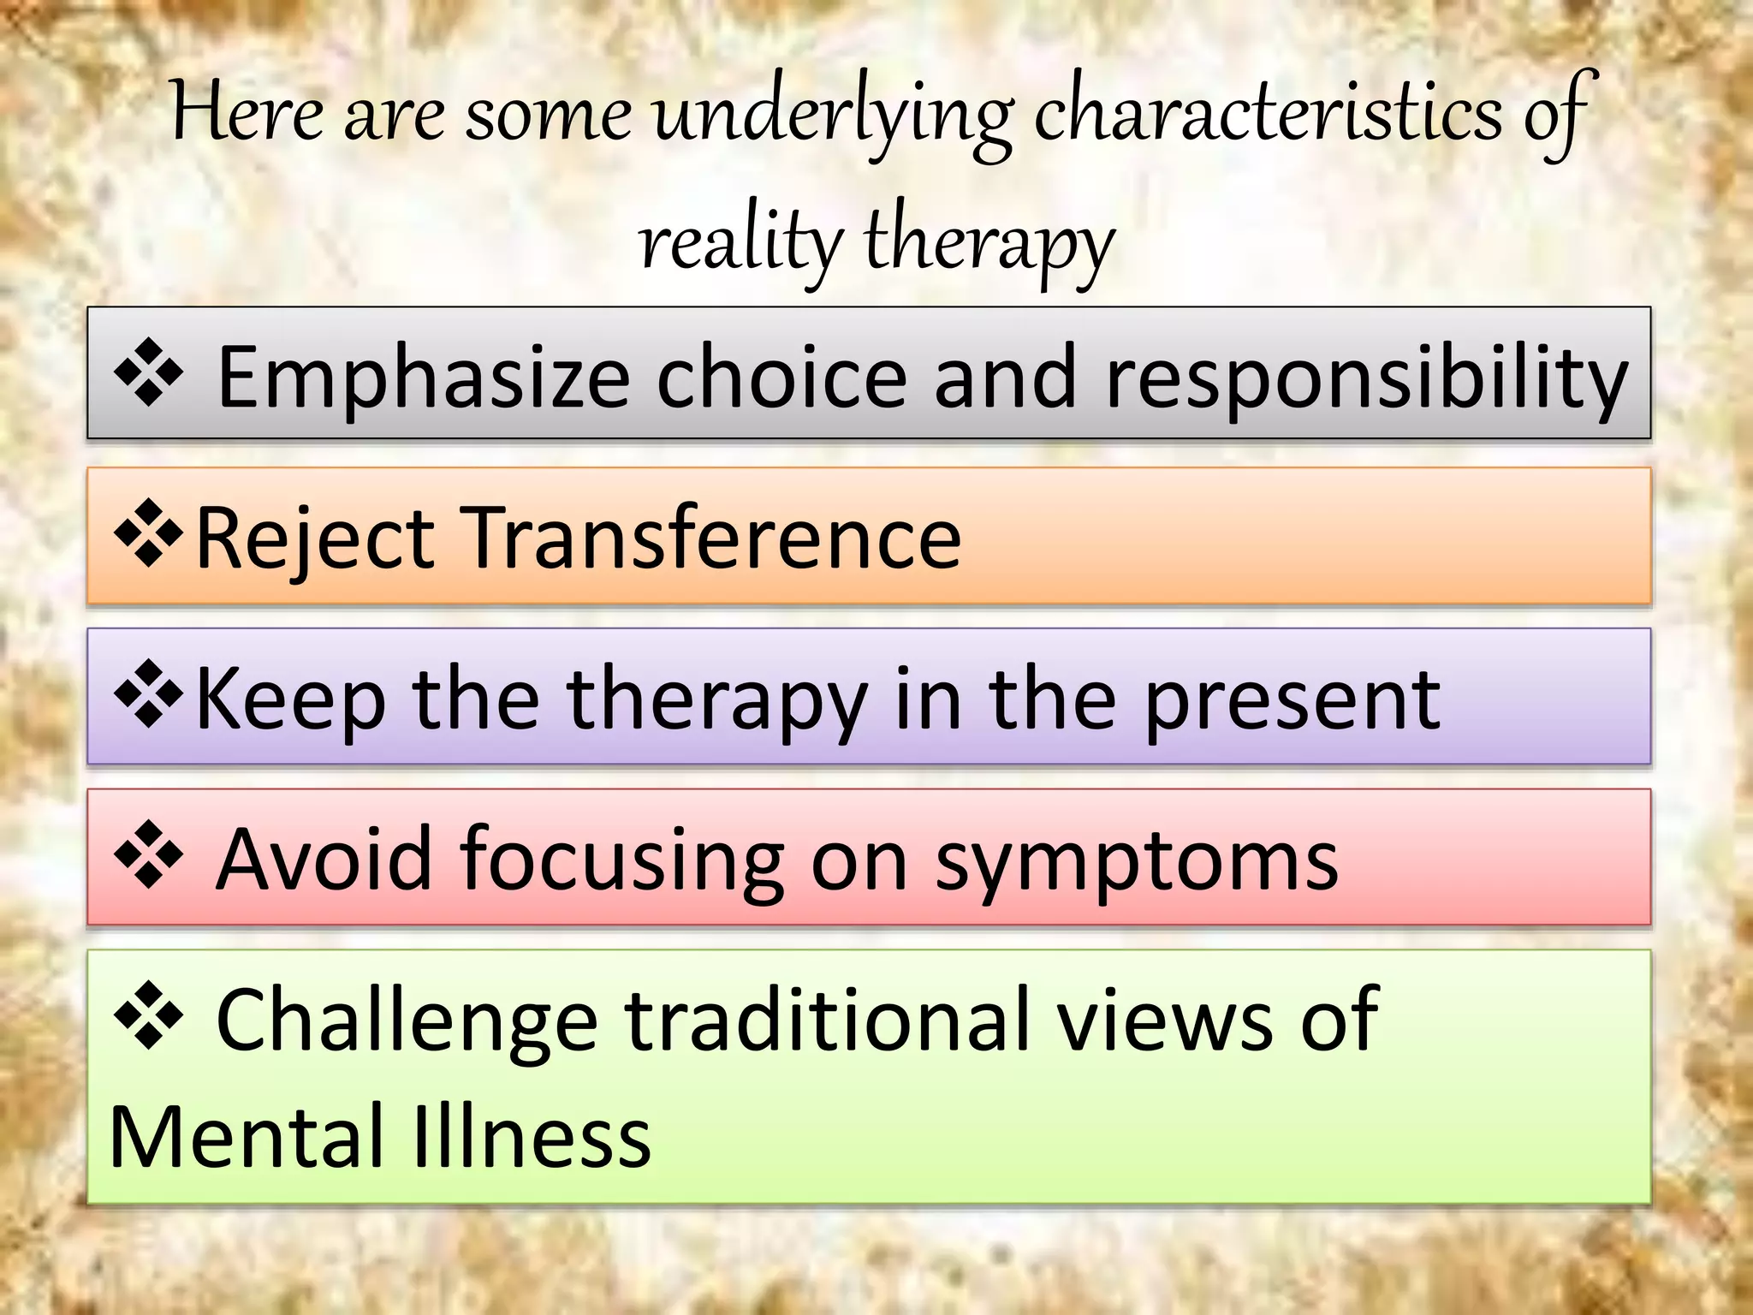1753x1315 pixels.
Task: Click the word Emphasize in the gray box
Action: pyautogui.click(x=424, y=377)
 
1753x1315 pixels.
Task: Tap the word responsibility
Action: pyautogui.click(x=1367, y=377)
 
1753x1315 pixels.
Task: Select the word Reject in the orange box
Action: pyautogui.click(x=315, y=538)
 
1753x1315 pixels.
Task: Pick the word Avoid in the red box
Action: pyautogui.click(x=324, y=859)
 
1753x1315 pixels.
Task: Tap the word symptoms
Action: pyautogui.click(x=1137, y=859)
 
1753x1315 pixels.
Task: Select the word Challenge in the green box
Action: pyautogui.click(x=407, y=1019)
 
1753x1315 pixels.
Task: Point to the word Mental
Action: pyautogui.click(x=247, y=1137)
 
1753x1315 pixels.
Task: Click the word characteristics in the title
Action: pyautogui.click(x=1267, y=116)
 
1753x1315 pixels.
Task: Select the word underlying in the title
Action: pyautogui.click(x=832, y=116)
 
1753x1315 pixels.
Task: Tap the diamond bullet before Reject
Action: pyautogui.click(x=149, y=533)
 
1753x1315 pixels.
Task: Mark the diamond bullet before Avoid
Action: pyautogui.click(x=149, y=854)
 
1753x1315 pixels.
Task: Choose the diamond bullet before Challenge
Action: pyautogui.click(x=149, y=1015)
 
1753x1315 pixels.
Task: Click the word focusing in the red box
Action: pyautogui.click(x=622, y=859)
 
